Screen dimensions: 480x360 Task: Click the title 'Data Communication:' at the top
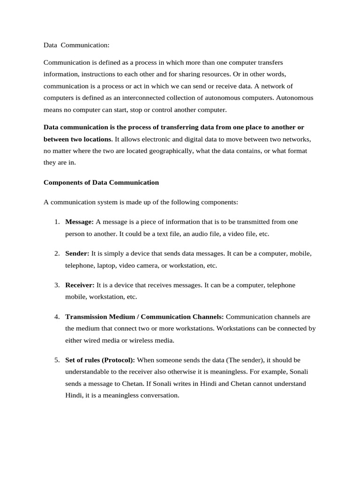pyautogui.click(x=76, y=45)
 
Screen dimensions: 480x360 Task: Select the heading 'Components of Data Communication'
pyautogui.click(x=101, y=182)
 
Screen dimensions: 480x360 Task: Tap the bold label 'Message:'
pyautogui.click(x=80, y=222)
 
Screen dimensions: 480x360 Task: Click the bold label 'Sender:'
pyautogui.click(x=77, y=253)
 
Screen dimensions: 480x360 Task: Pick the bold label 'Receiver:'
pyautogui.click(x=80, y=285)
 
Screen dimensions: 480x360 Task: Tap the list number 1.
pyautogui.click(x=57, y=222)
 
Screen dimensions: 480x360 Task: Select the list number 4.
pyautogui.click(x=57, y=317)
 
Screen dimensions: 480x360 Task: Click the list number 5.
pyautogui.click(x=57, y=360)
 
